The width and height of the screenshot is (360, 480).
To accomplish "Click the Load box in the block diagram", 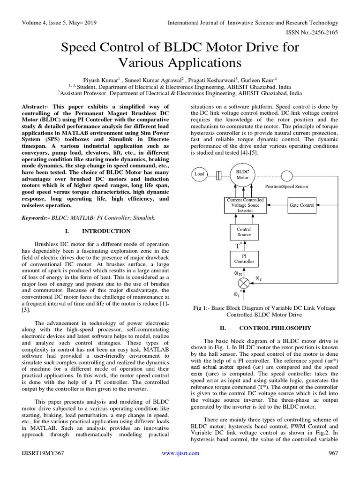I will [x=200, y=174].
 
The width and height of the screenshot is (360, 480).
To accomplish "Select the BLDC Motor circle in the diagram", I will [x=242, y=175].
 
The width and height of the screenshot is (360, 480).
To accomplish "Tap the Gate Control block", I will [x=302, y=205].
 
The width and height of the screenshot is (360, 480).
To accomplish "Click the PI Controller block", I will [x=244, y=259].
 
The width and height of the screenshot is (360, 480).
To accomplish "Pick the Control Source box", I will [x=244, y=232].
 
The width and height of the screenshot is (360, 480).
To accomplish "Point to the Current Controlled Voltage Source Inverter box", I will [x=245, y=205].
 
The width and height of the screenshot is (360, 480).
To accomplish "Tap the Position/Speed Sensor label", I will [x=287, y=186].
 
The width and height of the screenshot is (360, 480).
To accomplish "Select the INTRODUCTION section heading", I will [x=106, y=231].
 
